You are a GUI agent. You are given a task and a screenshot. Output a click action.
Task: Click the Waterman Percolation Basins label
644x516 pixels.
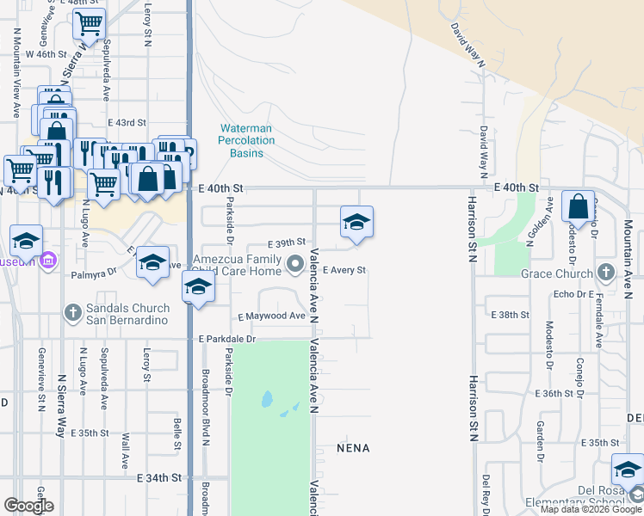click(245, 140)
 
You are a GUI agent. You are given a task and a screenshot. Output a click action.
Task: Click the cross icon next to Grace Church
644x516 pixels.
click(606, 273)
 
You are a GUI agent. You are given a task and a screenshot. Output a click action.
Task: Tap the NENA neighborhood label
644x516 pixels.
click(353, 448)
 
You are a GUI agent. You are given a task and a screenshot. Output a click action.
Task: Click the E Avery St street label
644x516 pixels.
click(344, 270)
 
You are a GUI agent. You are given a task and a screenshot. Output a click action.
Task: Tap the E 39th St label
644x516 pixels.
click(287, 243)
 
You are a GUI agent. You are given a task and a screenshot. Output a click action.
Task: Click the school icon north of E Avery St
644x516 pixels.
click(356, 224)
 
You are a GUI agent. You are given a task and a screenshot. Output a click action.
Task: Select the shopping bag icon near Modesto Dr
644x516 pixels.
click(579, 207)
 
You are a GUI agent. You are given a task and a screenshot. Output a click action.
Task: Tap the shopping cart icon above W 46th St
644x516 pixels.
click(89, 26)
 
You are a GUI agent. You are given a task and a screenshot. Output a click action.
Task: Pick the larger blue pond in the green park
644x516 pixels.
click(266, 400)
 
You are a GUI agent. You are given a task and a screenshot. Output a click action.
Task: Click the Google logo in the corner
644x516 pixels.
click(28, 505)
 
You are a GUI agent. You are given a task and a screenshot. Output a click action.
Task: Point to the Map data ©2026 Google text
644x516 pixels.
click(590, 509)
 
